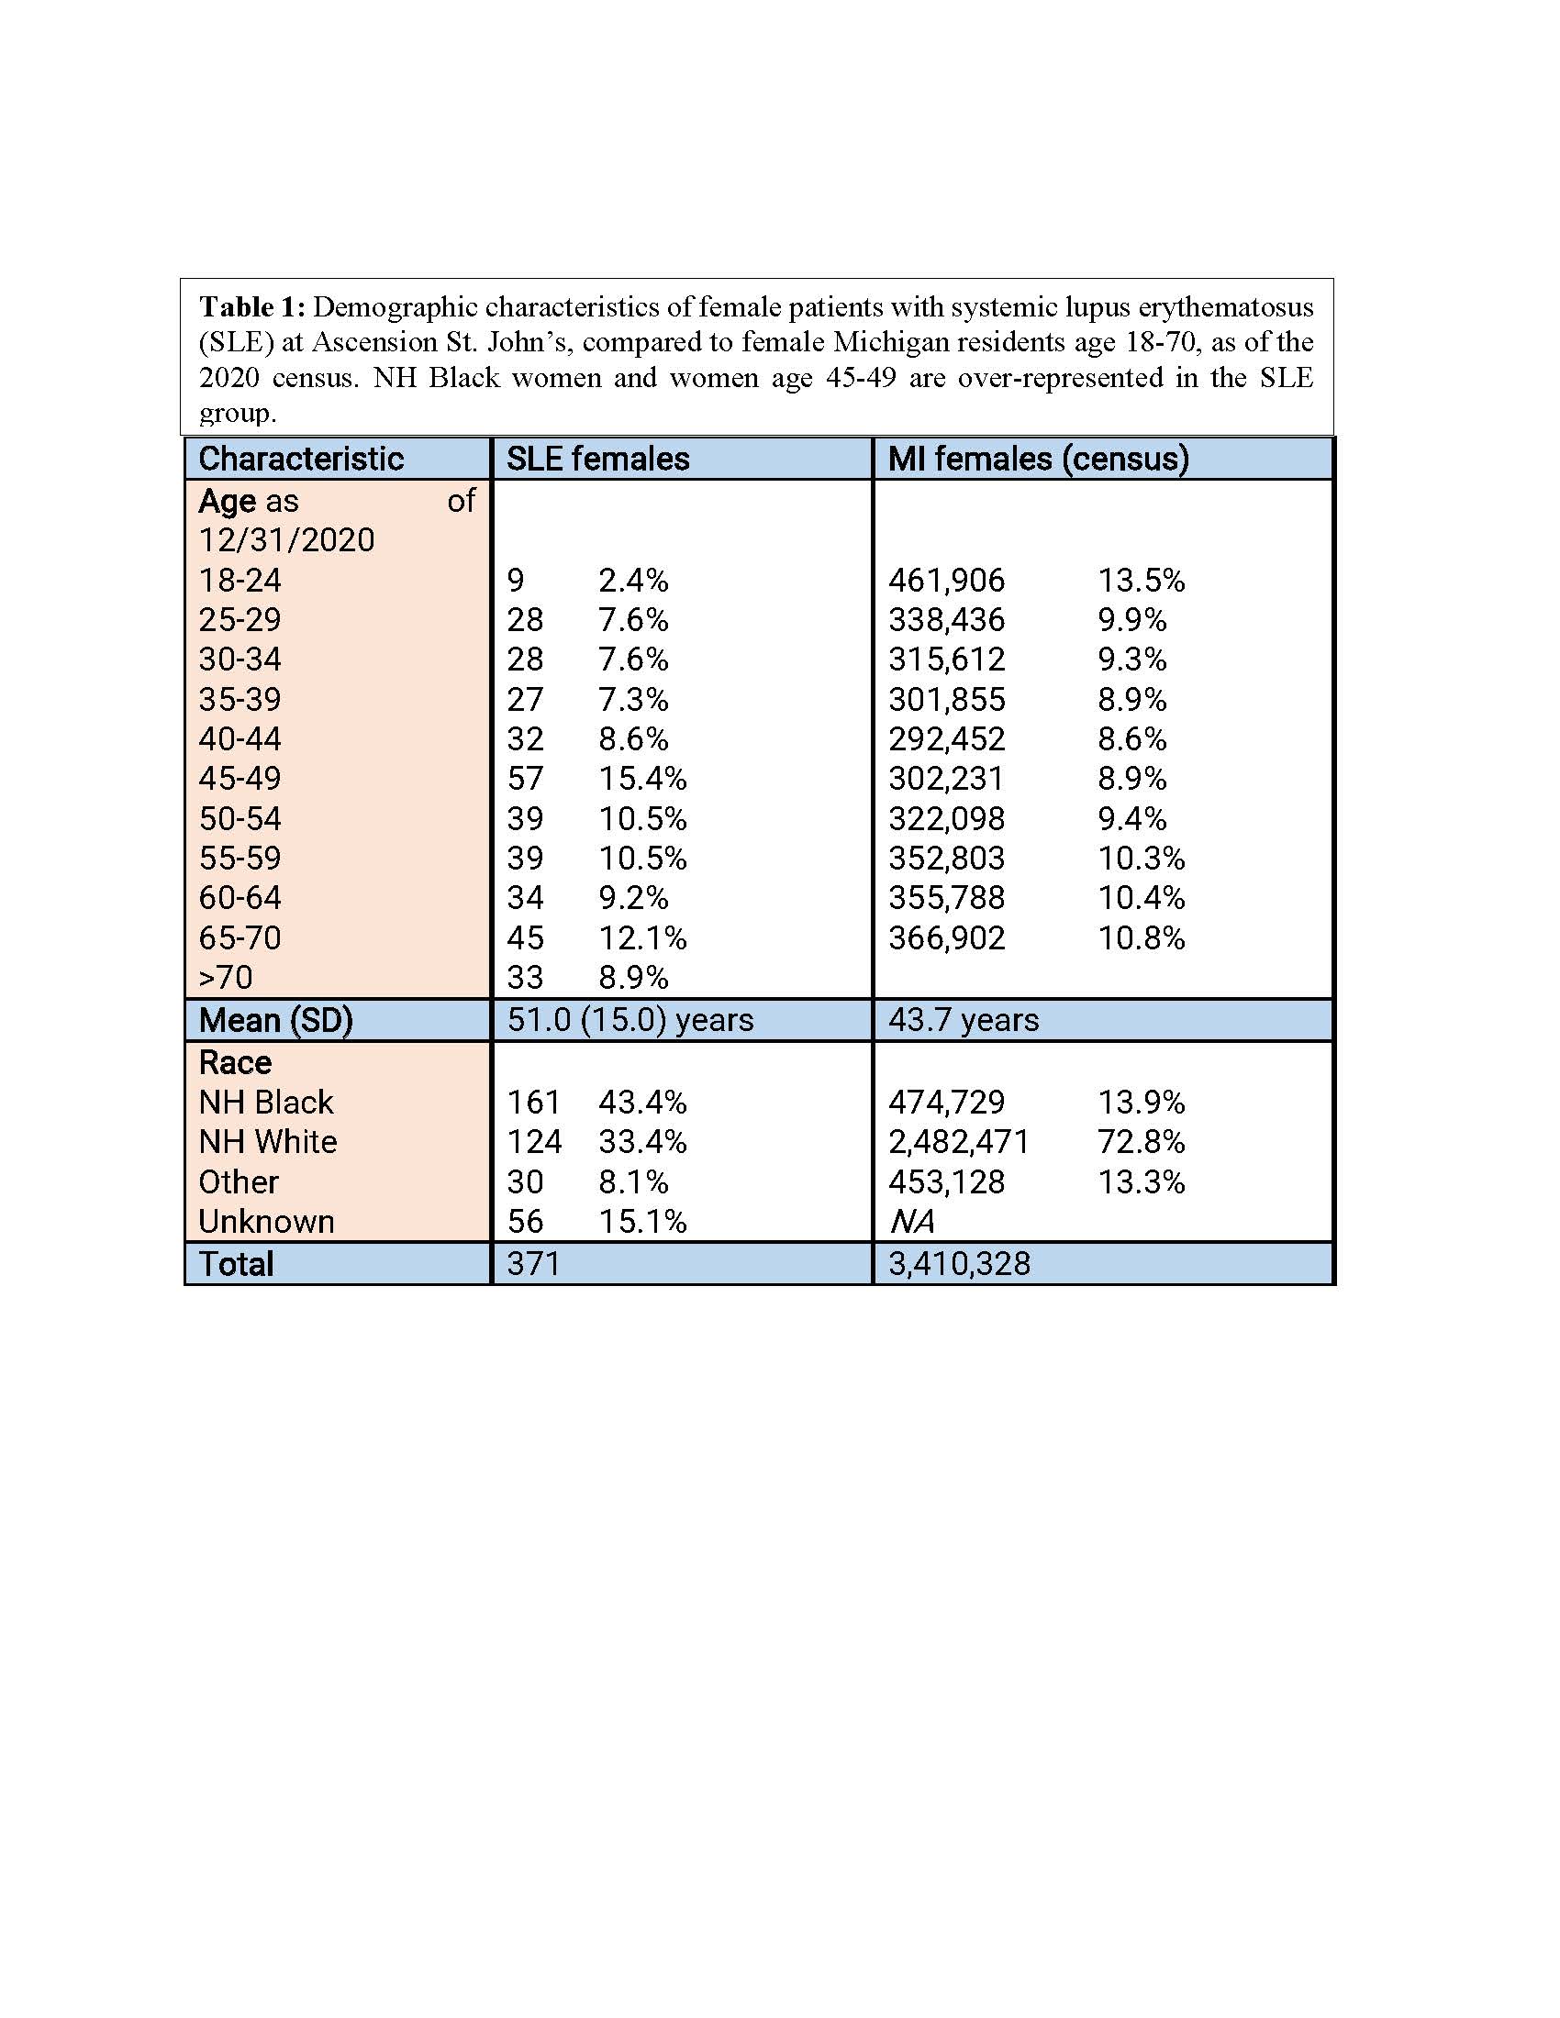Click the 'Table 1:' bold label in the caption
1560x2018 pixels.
tap(251, 306)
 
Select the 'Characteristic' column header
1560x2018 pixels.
tap(300, 459)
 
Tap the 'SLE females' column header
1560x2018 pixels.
tap(597, 459)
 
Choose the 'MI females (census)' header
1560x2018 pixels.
tap(1038, 459)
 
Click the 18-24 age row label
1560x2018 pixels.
tap(240, 581)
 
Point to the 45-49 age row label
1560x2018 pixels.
tap(240, 779)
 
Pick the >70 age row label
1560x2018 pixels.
tap(226, 978)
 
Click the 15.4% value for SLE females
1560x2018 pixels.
tap(642, 779)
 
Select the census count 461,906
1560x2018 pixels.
tap(946, 581)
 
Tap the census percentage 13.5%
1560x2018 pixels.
tap(1141, 581)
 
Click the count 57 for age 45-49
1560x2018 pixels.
tap(525, 779)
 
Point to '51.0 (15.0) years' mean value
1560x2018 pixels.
tap(630, 1020)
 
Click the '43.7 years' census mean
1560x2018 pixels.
tap(963, 1020)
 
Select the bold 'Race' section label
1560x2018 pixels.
tap(235, 1062)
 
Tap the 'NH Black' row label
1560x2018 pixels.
tap(265, 1103)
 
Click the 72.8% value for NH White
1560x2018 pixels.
tap(1141, 1142)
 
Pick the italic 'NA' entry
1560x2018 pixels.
tap(911, 1222)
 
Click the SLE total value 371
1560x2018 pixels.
tap(533, 1264)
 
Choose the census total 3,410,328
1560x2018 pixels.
tap(959, 1264)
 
